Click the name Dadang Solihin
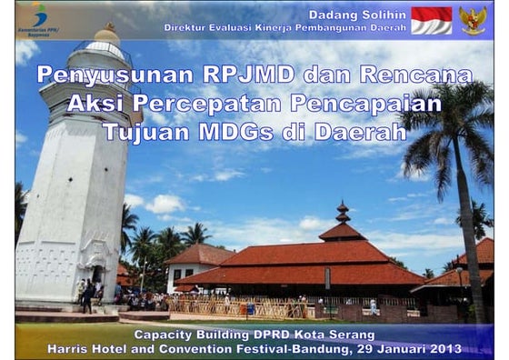point(357,15)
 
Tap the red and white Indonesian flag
point(431,20)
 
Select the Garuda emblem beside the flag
point(473,20)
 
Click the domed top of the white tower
point(106,35)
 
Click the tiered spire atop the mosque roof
point(343,215)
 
